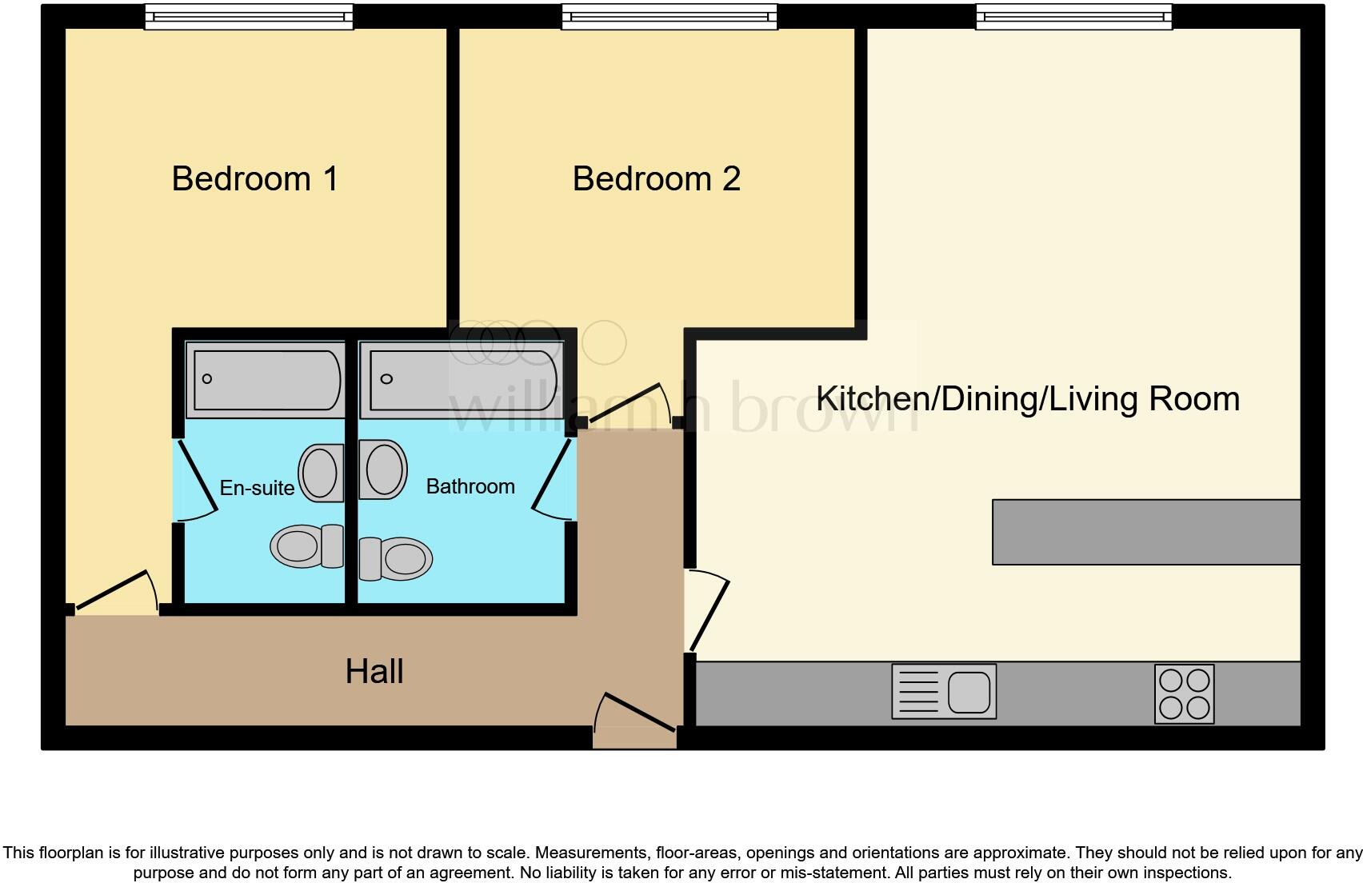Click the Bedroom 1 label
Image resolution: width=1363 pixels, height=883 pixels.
(255, 178)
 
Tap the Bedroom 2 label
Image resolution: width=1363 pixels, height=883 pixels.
(657, 178)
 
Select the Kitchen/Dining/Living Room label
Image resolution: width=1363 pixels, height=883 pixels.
(1028, 398)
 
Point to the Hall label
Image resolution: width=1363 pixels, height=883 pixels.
(374, 671)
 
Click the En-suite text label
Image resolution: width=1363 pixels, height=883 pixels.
(257, 487)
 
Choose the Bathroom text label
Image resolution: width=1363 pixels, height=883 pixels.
(470, 486)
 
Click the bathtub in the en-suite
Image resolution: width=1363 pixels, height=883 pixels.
(266, 380)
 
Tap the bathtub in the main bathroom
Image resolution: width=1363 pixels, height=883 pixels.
(462, 380)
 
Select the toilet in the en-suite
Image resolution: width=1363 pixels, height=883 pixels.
(307, 545)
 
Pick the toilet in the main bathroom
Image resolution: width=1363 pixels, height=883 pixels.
(395, 558)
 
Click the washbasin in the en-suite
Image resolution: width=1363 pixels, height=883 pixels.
(321, 473)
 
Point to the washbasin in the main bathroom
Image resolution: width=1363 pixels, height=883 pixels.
(382, 469)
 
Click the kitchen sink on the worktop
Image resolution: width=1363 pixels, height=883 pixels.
(944, 691)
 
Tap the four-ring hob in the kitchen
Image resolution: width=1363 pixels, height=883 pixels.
(1184, 693)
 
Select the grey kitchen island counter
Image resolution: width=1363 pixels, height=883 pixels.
(1146, 533)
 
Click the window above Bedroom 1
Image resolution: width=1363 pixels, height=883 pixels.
(249, 17)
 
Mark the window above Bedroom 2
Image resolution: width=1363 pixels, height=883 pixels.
(670, 17)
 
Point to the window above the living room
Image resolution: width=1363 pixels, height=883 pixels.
(1074, 17)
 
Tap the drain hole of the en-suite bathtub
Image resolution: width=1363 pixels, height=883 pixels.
(207, 378)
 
